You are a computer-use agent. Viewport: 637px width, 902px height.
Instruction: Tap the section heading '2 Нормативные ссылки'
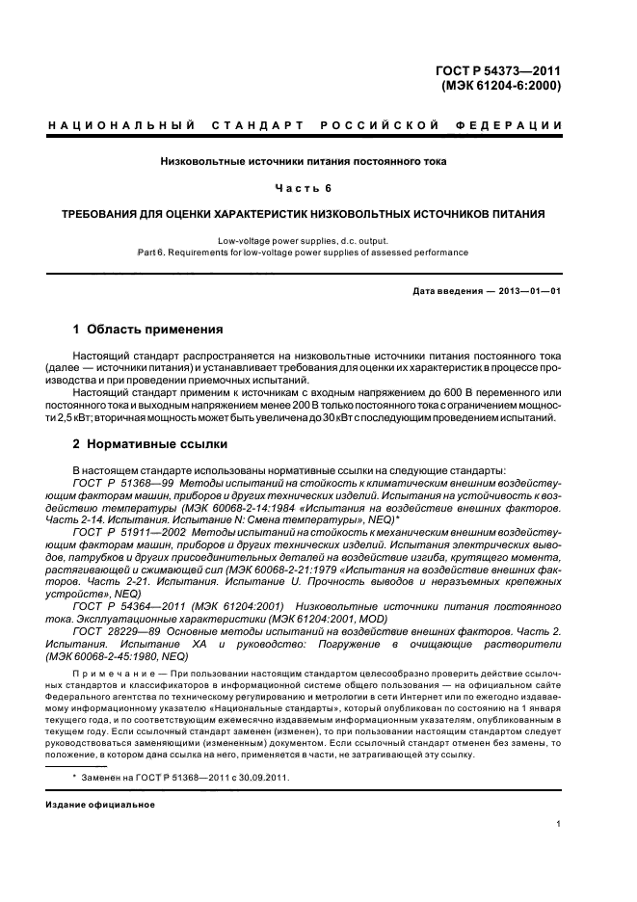click(x=150, y=444)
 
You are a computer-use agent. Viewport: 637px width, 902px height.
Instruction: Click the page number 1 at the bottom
click(x=559, y=824)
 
